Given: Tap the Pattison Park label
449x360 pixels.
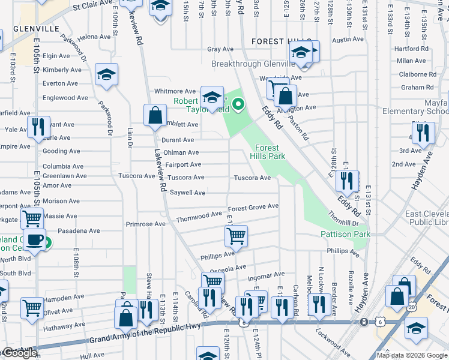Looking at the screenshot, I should pos(345,234).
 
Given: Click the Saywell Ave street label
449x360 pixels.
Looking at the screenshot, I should pos(188,193).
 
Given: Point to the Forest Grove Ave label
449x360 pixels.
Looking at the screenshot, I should pos(253,206).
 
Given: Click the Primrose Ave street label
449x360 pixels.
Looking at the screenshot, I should pos(145,224).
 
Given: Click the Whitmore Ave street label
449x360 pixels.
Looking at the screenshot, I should pos(175,91).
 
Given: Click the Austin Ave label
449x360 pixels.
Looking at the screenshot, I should pos(348,40).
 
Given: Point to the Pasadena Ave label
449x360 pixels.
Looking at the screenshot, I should pos(79,230).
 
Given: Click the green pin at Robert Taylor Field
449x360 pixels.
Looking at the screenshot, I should pos(238,105).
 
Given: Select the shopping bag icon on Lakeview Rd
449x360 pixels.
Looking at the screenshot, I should pos(155,115).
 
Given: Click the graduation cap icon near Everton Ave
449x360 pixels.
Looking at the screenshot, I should pos(106,74).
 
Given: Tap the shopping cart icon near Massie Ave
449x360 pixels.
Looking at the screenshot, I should pos(32,218).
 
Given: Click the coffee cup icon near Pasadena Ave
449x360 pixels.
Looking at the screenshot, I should pos(35,241).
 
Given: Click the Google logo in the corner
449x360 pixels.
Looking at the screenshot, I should pos(19,353).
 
